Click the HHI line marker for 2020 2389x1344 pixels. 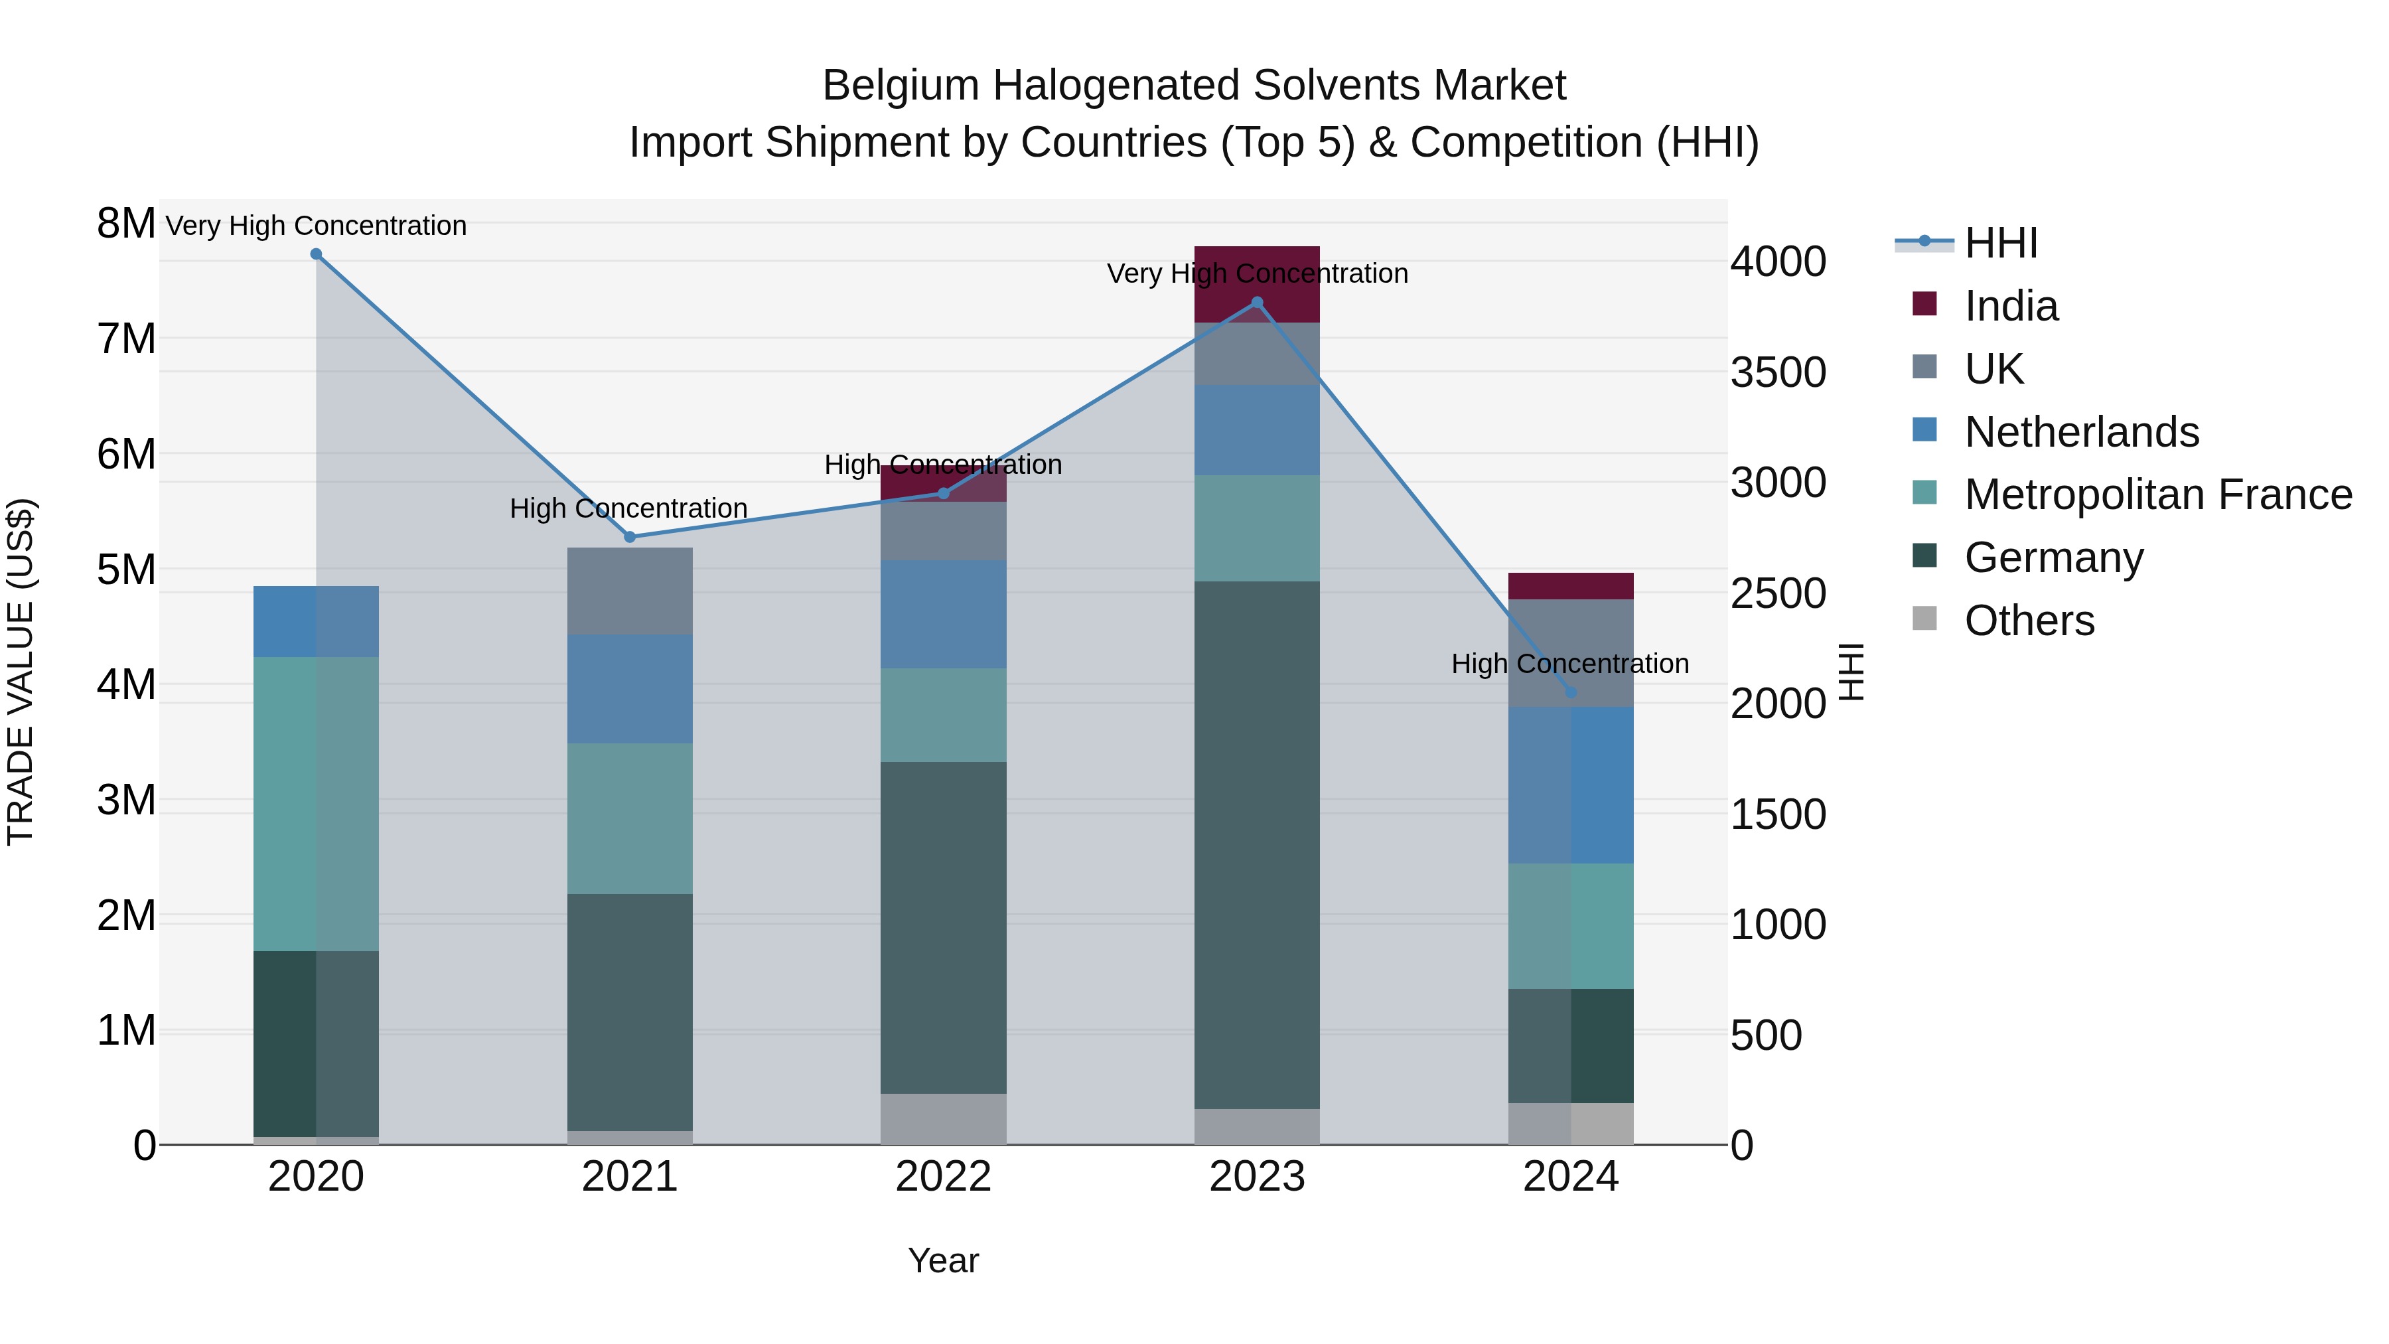[317, 254]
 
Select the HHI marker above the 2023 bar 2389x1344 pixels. [1258, 303]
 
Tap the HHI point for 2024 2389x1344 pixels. [1571, 692]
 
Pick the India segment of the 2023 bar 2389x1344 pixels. [1257, 278]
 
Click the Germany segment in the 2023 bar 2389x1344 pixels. [1257, 844]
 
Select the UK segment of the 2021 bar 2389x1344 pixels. [630, 591]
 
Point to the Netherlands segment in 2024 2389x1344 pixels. [1571, 784]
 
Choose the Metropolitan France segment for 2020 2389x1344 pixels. [317, 803]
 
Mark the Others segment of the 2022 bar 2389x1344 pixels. [943, 1118]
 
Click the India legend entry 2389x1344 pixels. [2011, 306]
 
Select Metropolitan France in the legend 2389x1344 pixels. [2158, 494]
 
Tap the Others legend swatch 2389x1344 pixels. [1925, 619]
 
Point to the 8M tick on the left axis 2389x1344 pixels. [126, 224]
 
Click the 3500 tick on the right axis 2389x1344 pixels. [1778, 372]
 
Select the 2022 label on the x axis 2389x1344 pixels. [943, 1177]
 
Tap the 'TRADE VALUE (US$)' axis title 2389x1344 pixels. [21, 672]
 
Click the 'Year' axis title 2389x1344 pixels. [943, 1260]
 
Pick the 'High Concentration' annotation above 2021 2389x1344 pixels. [629, 508]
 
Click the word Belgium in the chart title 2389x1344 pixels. [901, 86]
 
